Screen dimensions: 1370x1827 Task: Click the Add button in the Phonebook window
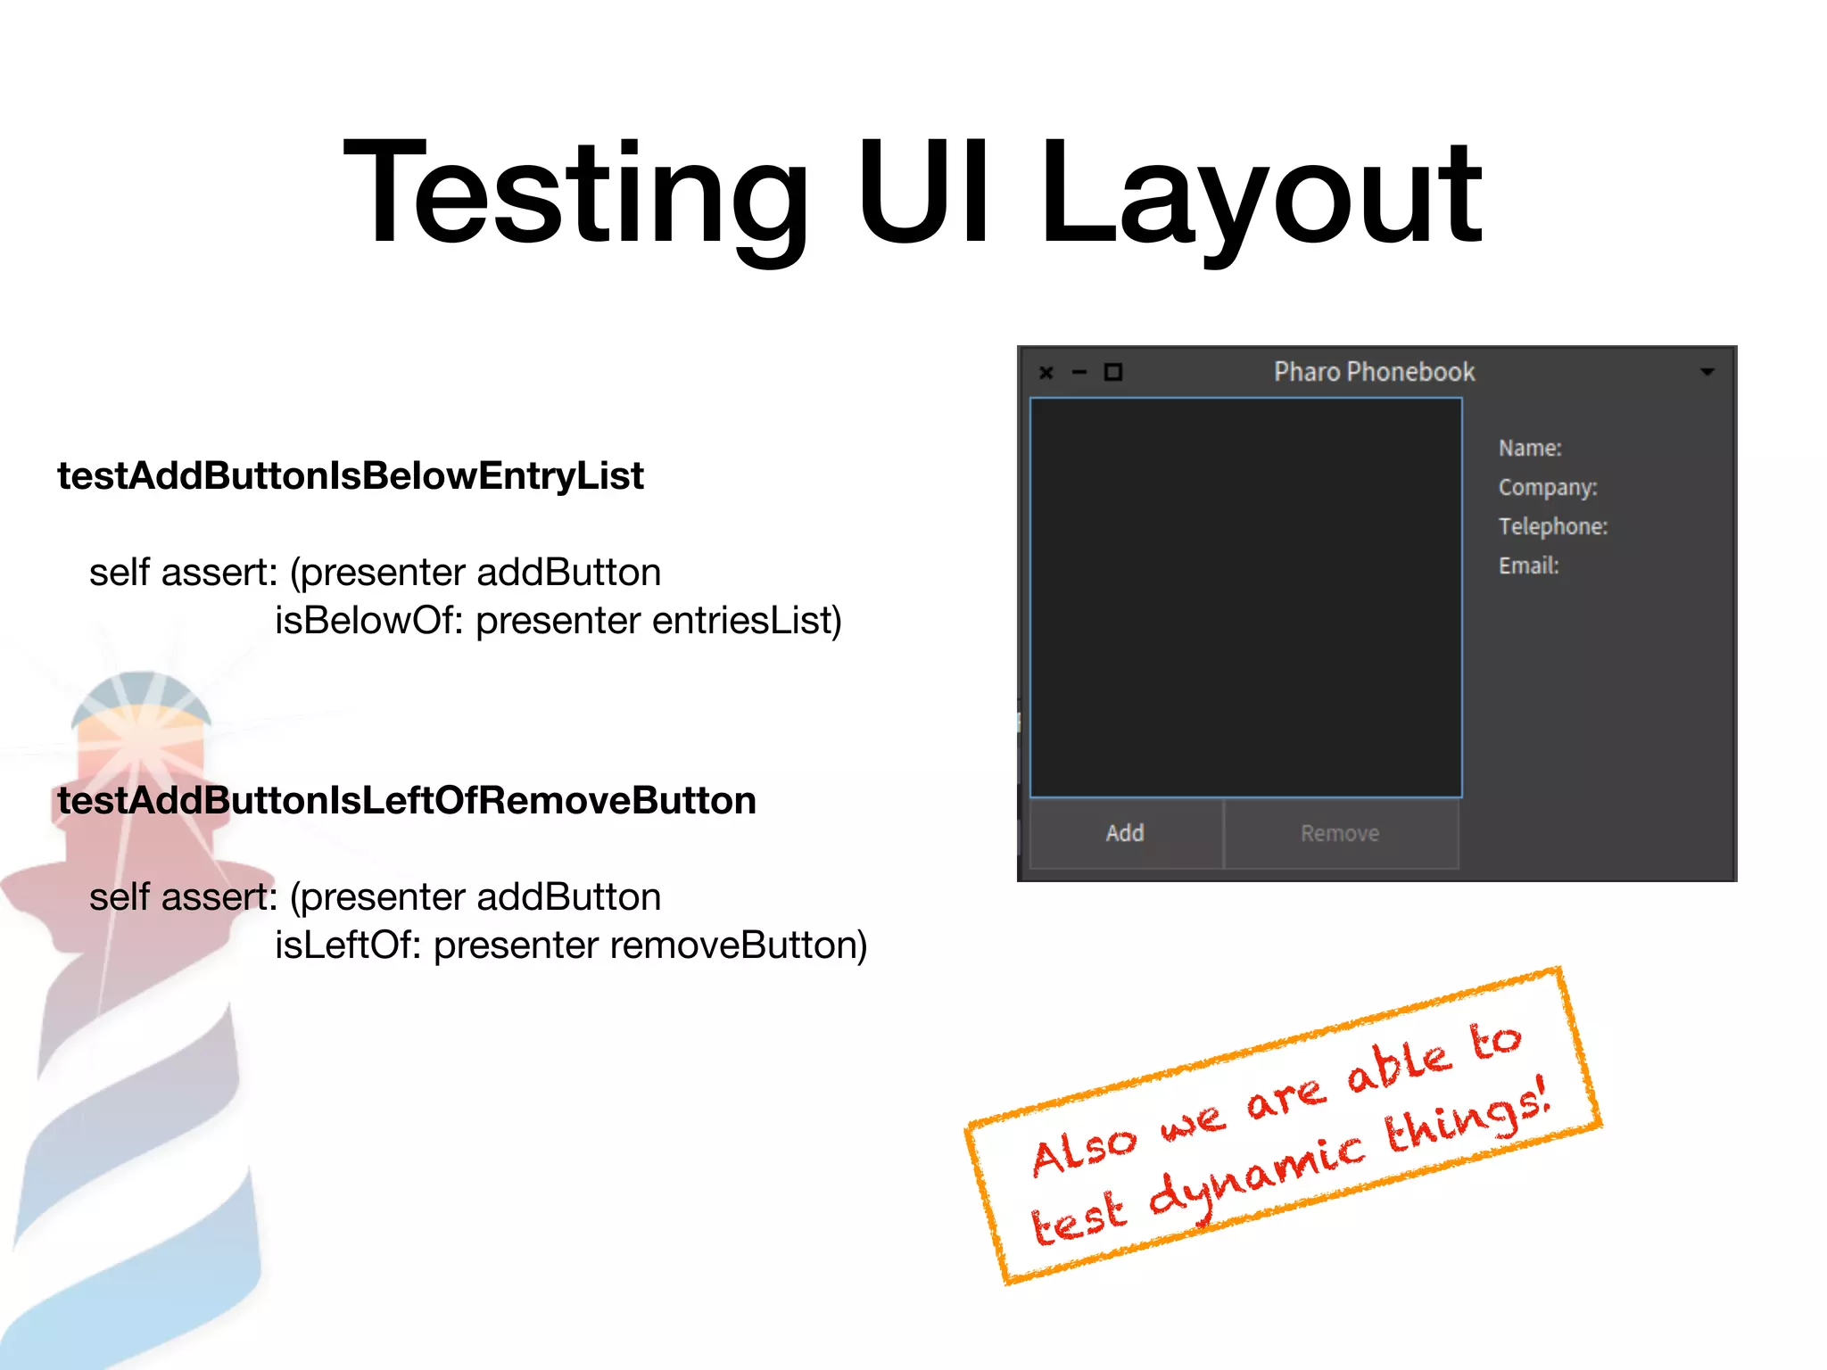[x=1125, y=833]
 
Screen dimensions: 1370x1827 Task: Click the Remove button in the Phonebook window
[x=1340, y=833]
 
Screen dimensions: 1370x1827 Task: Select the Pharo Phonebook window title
[x=1374, y=372]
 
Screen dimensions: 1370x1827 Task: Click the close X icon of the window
[x=1046, y=373]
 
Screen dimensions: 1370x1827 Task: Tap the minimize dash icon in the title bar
[x=1079, y=373]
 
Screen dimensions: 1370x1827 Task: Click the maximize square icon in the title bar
[x=1113, y=372]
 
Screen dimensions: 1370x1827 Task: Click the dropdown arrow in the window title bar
[x=1707, y=372]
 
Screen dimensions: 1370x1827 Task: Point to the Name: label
[x=1530, y=448]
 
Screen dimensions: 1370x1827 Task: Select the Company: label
[x=1548, y=487]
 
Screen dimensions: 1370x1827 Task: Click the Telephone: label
[x=1553, y=526]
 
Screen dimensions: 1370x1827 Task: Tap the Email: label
[x=1529, y=565]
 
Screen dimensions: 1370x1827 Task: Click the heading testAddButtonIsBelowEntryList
[x=351, y=475]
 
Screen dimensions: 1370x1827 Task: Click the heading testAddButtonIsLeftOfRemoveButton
[x=407, y=800]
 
